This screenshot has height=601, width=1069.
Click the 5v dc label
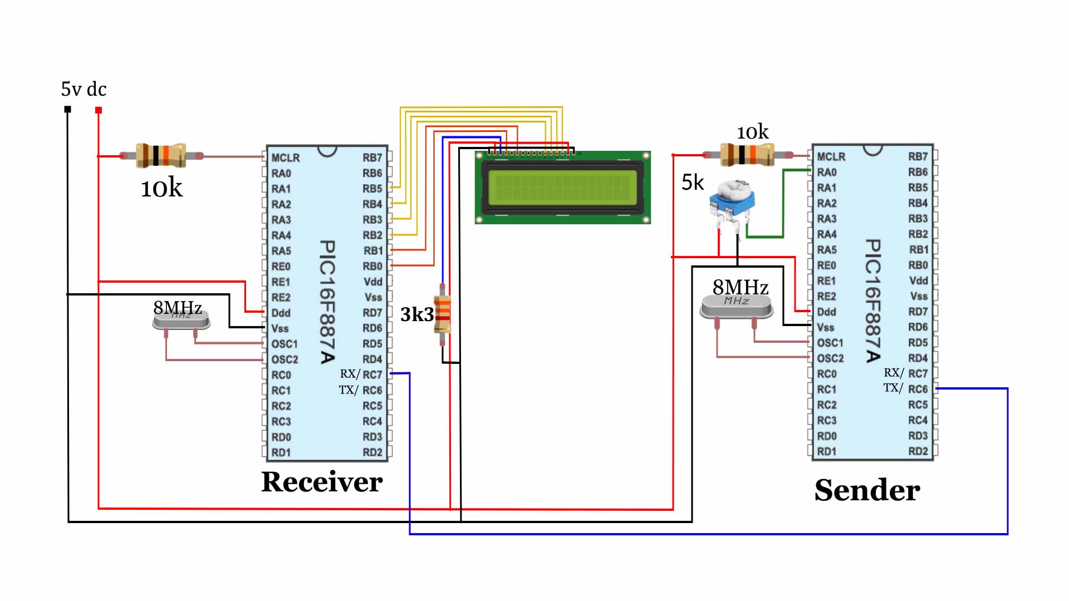pyautogui.click(x=84, y=89)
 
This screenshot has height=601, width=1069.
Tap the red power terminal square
pyautogui.click(x=99, y=110)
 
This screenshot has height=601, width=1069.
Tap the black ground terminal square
pyautogui.click(x=67, y=109)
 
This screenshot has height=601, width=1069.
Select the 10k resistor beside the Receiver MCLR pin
pyautogui.click(x=160, y=156)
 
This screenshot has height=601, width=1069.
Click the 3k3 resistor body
pyautogui.click(x=443, y=314)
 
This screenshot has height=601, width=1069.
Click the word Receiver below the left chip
pyautogui.click(x=322, y=482)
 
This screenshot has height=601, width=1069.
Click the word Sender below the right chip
pyautogui.click(x=867, y=490)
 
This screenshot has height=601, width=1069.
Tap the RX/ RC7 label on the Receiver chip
pyautogui.click(x=361, y=375)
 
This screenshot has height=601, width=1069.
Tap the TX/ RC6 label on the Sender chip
pyautogui.click(x=906, y=388)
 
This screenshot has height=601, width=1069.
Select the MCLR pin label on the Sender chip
pyautogui.click(x=831, y=157)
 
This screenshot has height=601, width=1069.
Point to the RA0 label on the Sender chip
pyautogui.click(x=827, y=173)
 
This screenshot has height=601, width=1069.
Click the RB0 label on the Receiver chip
pyautogui.click(x=372, y=266)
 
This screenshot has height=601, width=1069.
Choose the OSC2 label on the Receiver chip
pyautogui.click(x=285, y=359)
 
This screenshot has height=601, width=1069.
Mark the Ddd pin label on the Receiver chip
pyautogui.click(x=281, y=313)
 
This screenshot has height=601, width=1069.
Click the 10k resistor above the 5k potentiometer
pyautogui.click(x=747, y=154)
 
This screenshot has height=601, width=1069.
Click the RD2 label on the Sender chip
pyautogui.click(x=918, y=451)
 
